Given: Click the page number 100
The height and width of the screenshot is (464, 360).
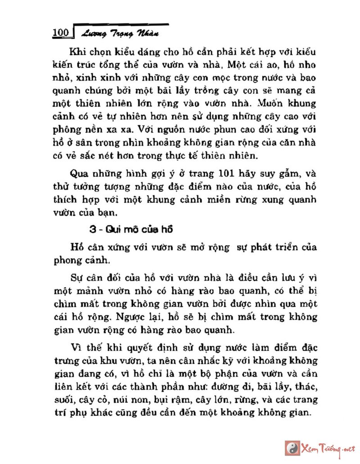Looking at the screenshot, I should [60, 33].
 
